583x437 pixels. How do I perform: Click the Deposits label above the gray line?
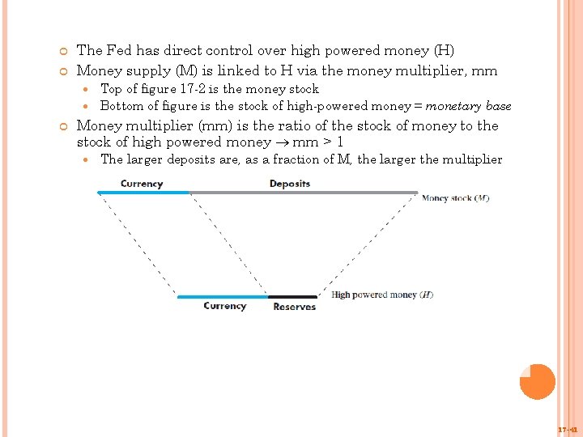click(x=289, y=184)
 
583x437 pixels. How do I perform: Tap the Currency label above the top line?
click(x=142, y=184)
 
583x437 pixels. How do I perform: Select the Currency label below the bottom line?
click(x=224, y=306)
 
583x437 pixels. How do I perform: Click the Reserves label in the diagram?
click(x=294, y=307)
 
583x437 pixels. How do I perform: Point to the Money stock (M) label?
click(x=455, y=198)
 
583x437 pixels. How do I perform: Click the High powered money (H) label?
click(x=382, y=295)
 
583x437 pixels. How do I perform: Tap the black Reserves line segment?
click(x=292, y=297)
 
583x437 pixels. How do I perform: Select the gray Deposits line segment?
click(x=304, y=193)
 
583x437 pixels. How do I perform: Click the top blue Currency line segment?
click(x=143, y=193)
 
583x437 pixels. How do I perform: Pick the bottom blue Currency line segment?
click(x=223, y=297)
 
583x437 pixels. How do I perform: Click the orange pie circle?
click(x=538, y=382)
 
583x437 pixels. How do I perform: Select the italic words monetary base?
click(x=468, y=106)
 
